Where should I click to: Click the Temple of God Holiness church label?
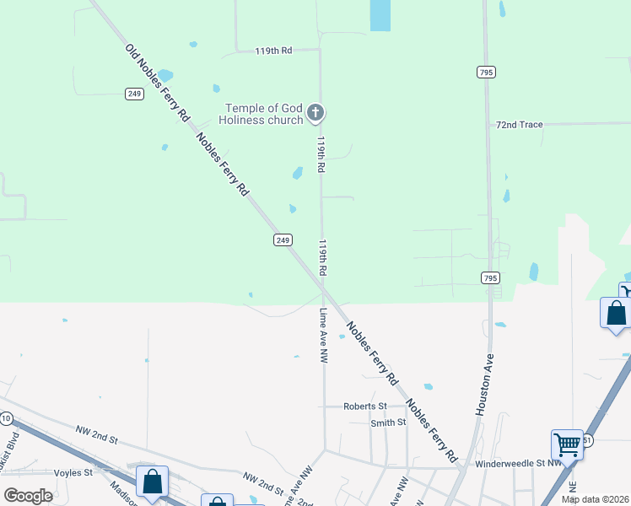click(263, 114)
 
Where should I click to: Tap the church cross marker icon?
click(315, 112)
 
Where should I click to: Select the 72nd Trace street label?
click(519, 124)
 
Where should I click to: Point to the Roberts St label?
click(364, 406)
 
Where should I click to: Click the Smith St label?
click(388, 423)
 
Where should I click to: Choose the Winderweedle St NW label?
click(518, 463)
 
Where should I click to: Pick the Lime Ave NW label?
click(323, 335)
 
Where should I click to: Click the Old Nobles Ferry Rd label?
click(156, 83)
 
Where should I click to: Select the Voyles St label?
click(73, 473)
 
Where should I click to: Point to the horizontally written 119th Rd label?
click(273, 51)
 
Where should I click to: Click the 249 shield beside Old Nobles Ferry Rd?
click(134, 94)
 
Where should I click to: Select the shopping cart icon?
click(567, 444)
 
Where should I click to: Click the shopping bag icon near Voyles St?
click(152, 482)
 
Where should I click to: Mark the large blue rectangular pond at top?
click(380, 14)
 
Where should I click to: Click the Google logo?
click(29, 495)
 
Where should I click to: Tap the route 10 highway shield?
click(7, 418)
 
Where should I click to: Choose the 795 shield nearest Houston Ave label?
click(489, 277)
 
